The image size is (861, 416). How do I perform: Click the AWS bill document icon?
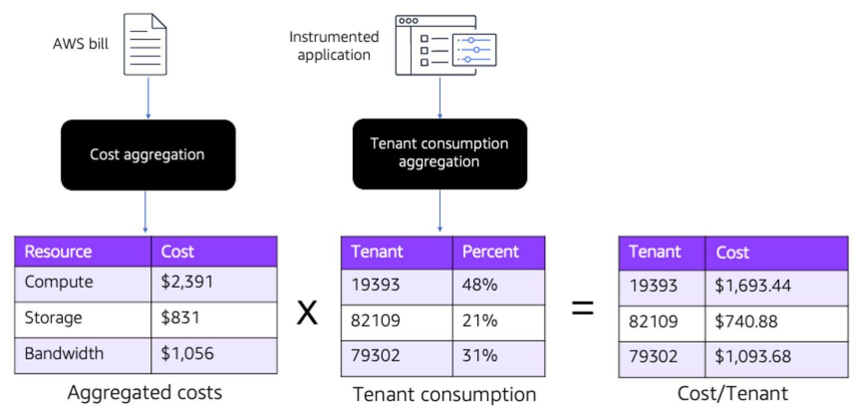(145, 45)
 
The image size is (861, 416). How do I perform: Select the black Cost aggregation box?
(148, 155)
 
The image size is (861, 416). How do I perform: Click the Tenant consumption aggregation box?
(439, 154)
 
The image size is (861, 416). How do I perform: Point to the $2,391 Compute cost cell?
(214, 282)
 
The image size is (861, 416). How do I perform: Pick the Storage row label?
(53, 318)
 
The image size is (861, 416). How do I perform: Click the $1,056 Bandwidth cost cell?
(214, 354)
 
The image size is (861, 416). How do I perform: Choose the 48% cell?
(498, 285)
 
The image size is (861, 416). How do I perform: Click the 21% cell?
(498, 321)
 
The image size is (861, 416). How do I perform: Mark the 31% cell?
(498, 356)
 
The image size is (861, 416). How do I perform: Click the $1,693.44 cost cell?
(776, 286)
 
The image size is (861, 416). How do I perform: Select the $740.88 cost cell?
(776, 322)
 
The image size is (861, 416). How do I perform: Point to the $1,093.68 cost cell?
(776, 357)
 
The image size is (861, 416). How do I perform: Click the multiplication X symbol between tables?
(307, 313)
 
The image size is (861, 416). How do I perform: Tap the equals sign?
(582, 308)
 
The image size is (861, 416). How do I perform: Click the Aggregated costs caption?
(145, 393)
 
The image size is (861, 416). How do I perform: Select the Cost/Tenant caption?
(732, 394)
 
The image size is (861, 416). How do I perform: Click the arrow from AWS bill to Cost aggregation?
(148, 98)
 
